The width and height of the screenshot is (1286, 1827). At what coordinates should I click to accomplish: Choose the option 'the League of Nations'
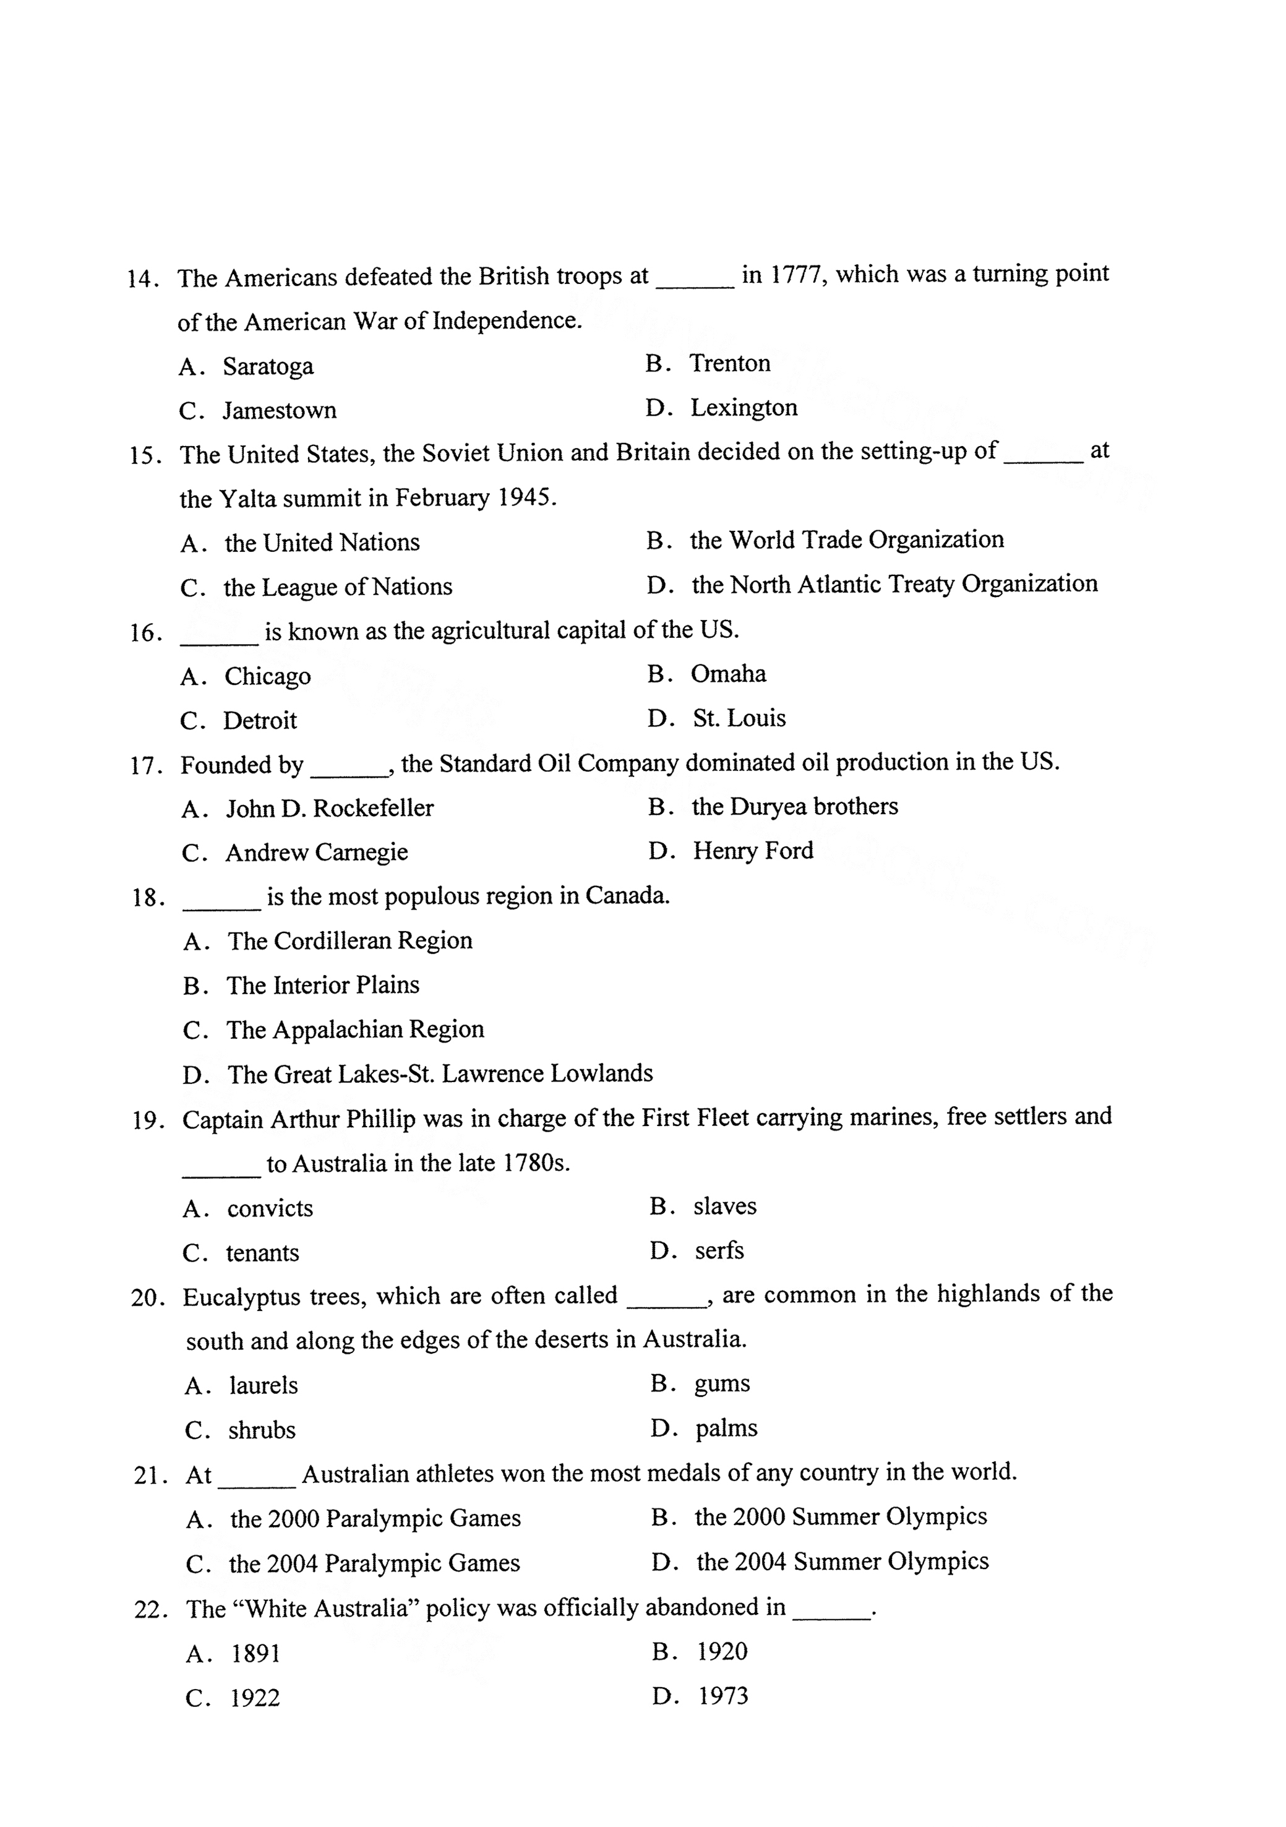point(337,588)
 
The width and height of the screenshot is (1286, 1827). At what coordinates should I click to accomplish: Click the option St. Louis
point(739,718)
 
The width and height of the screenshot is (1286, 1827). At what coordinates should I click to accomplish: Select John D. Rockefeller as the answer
point(330,809)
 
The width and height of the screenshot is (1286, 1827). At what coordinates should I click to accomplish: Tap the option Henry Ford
point(753,851)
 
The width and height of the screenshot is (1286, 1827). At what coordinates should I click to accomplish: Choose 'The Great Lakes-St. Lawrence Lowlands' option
point(440,1074)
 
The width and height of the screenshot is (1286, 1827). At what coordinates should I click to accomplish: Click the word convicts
point(270,1209)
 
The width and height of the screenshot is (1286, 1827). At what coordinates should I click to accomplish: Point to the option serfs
point(719,1251)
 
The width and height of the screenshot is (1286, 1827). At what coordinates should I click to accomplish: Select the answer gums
point(722,1384)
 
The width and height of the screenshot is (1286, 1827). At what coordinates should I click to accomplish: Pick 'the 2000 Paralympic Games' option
point(375,1518)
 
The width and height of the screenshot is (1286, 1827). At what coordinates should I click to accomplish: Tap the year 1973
point(722,1696)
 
